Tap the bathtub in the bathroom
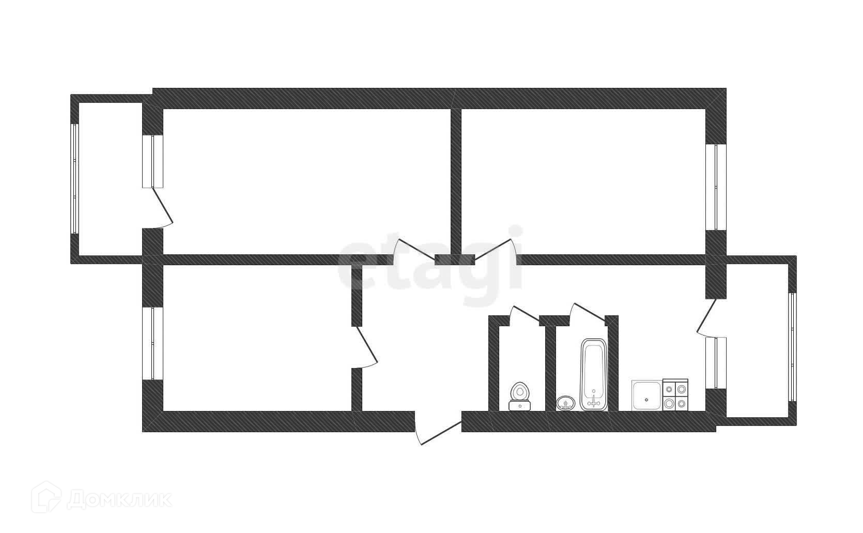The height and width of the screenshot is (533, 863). (594, 374)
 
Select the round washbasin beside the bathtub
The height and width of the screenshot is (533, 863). (565, 402)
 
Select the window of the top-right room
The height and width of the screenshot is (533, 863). (716, 187)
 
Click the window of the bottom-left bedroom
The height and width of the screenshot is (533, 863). (152, 344)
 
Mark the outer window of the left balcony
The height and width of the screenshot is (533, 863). (75, 179)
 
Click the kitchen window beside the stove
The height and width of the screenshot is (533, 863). (716, 362)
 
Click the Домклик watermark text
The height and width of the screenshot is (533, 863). (119, 499)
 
